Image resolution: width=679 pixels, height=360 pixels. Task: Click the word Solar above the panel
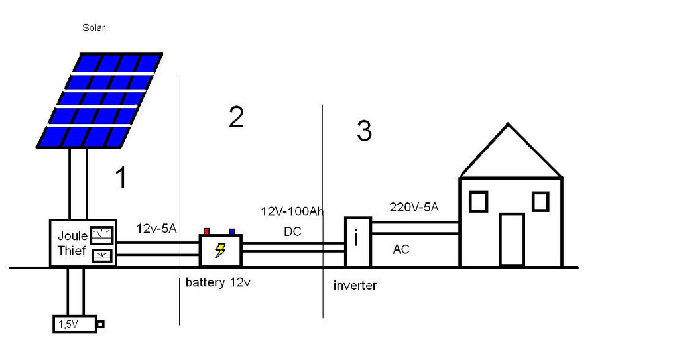tap(93, 28)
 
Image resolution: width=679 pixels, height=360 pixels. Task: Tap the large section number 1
tap(121, 178)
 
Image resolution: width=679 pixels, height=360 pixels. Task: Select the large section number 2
tap(237, 117)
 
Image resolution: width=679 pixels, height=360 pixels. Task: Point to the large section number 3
tap(364, 131)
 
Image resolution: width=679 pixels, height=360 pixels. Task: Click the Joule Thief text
tap(72, 243)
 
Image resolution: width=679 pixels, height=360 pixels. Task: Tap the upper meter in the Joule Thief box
tap(101, 235)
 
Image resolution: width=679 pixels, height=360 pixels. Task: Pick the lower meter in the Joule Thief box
tap(103, 256)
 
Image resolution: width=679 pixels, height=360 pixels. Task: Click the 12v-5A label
tap(156, 228)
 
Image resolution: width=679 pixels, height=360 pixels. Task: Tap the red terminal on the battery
tap(207, 232)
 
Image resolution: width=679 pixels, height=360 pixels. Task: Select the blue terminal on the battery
tap(233, 232)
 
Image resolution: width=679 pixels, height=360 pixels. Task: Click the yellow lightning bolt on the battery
tap(220, 251)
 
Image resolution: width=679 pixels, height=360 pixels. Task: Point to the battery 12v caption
tap(218, 282)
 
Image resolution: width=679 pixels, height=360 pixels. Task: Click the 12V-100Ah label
tap(292, 211)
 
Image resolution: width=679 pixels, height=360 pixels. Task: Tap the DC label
tap(292, 232)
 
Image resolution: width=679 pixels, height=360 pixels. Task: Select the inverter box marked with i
tap(358, 242)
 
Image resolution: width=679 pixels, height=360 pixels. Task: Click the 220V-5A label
tap(414, 207)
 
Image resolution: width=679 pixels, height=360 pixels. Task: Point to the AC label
tap(401, 249)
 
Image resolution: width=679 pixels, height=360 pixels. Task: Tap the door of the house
tap(512, 239)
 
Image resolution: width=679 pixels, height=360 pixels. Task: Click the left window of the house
tap(478, 202)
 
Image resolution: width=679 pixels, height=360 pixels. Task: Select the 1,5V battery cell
tap(78, 324)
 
